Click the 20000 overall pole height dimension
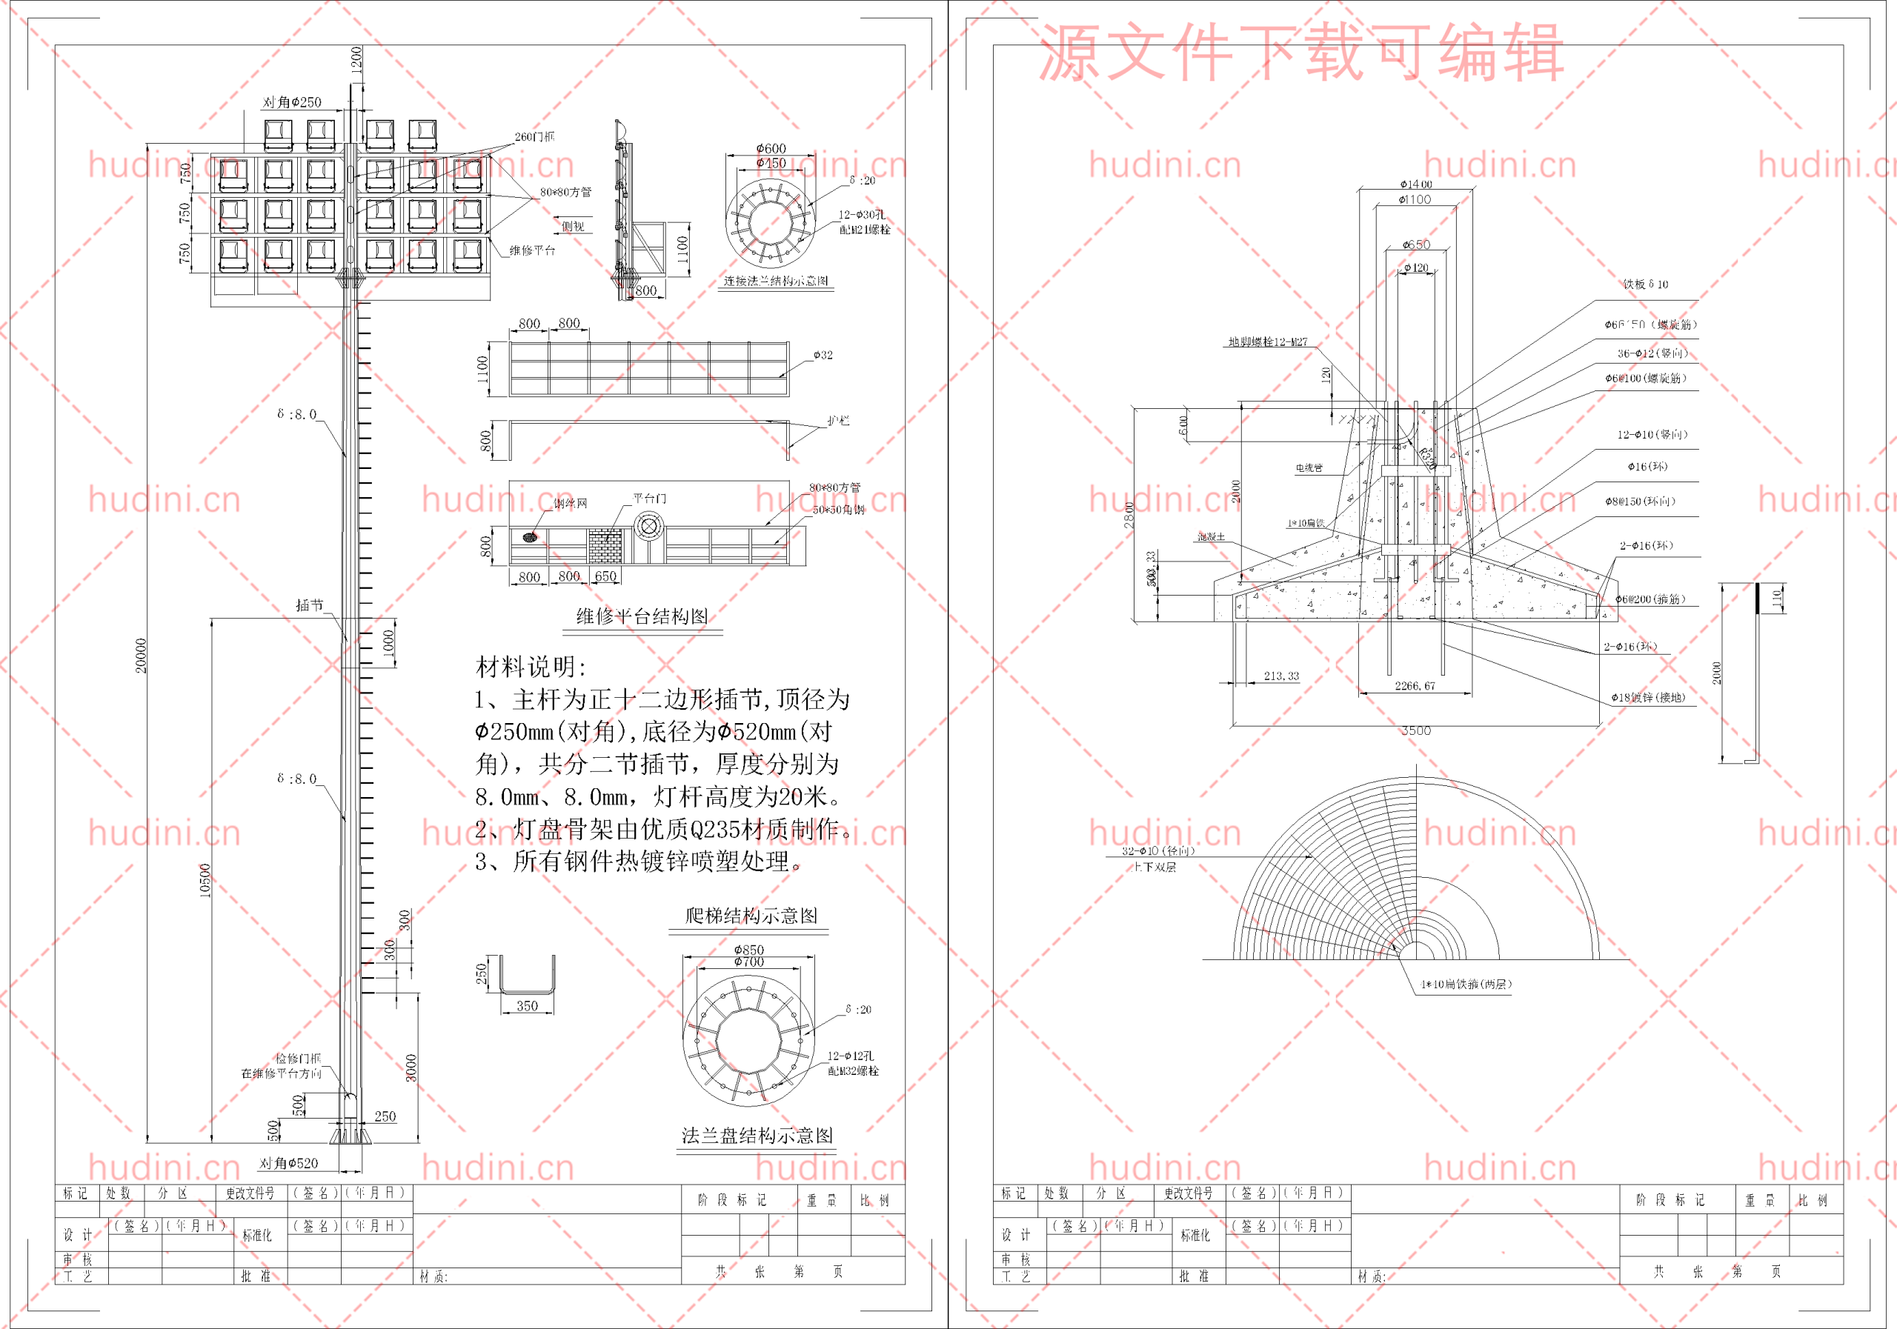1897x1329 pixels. click(x=142, y=655)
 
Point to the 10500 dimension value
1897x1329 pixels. click(x=206, y=881)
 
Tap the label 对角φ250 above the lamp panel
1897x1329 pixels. click(x=292, y=102)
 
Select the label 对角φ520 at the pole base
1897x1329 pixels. click(x=288, y=1163)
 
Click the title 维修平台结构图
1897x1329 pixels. click(x=642, y=616)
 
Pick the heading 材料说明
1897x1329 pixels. click(x=531, y=667)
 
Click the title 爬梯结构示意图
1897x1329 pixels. click(x=751, y=915)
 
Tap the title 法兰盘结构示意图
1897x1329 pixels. click(x=757, y=1136)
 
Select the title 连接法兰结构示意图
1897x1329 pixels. click(x=776, y=281)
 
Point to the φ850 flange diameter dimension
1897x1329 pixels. click(x=748, y=950)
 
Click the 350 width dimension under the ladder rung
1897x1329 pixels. click(x=527, y=1006)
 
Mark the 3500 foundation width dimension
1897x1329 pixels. click(x=1416, y=731)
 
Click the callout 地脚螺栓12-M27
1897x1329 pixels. click(x=1267, y=342)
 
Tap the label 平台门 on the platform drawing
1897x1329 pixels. click(x=649, y=498)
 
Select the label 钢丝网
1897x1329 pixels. click(x=570, y=503)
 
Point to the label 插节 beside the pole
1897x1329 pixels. click(x=310, y=605)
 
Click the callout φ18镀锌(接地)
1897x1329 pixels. click(x=1647, y=697)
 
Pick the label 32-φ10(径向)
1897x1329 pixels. click(x=1157, y=850)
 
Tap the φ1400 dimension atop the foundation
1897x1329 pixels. click(x=1415, y=184)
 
